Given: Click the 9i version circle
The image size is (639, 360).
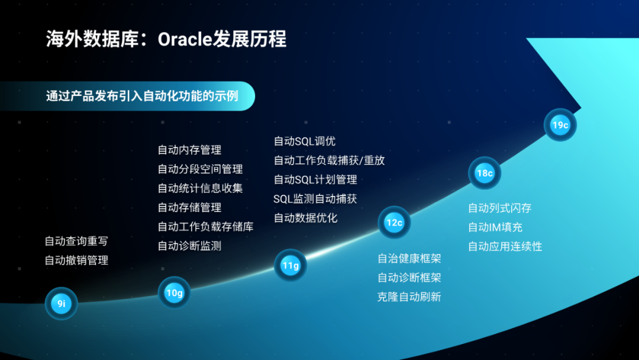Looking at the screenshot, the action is click(61, 303).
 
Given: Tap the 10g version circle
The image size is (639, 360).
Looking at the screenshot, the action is click(174, 292).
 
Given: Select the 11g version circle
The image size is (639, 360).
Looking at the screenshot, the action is click(291, 265).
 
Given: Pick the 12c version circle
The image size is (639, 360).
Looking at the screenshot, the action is click(394, 223).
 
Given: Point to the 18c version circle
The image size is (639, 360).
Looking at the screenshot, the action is click(485, 173).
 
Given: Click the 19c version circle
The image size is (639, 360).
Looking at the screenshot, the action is click(560, 125).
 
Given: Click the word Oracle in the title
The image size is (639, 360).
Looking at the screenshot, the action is click(185, 40).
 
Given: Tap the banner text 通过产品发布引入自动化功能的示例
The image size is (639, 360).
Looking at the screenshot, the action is click(142, 97).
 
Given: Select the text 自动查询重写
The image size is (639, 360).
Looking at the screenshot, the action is click(76, 242).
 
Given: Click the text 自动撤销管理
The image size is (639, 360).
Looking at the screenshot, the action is click(76, 261).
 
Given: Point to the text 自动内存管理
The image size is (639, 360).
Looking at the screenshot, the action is click(189, 150).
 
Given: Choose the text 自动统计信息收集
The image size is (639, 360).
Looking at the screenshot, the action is click(200, 188).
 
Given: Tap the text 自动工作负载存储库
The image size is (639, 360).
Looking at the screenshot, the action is click(205, 227).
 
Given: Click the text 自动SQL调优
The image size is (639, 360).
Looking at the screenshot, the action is click(305, 142).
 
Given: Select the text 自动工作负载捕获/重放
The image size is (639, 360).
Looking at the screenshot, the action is click(330, 160).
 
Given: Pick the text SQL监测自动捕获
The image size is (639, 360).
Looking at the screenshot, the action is click(315, 199).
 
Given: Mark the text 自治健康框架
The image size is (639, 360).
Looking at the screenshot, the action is click(409, 259).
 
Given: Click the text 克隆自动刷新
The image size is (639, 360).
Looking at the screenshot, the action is click(409, 297).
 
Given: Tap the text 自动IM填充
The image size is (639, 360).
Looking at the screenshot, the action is click(495, 227).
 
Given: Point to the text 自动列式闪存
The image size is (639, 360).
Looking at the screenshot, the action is click(499, 208).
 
